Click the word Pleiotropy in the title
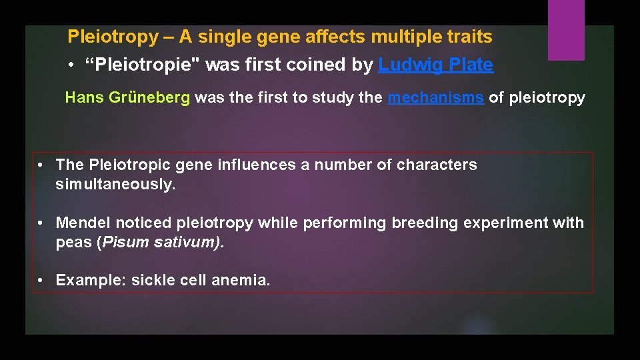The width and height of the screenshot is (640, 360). [x=112, y=37]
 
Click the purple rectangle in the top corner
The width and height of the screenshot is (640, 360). [x=565, y=29]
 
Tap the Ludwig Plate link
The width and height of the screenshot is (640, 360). [x=435, y=65]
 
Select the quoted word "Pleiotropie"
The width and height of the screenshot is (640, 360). [x=143, y=65]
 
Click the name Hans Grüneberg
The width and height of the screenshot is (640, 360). [x=127, y=98]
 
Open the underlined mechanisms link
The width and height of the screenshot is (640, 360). [x=435, y=98]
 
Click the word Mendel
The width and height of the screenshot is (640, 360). [x=81, y=223]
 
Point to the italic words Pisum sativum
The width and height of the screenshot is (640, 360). [x=161, y=243]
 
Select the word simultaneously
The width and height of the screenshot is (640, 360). [x=115, y=185]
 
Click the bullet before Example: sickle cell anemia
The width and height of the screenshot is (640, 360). [x=41, y=281]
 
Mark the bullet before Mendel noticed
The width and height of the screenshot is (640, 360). [x=41, y=223]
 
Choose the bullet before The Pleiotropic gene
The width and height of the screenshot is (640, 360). [x=41, y=165]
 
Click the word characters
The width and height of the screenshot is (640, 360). [x=437, y=165]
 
